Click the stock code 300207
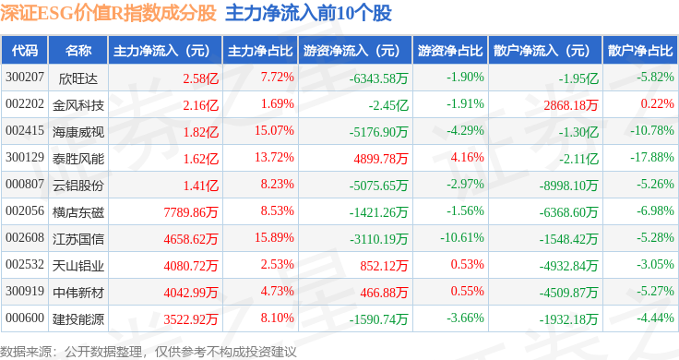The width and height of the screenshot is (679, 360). click(25, 78)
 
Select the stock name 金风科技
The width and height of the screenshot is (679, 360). click(78, 105)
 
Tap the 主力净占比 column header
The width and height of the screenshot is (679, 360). click(260, 51)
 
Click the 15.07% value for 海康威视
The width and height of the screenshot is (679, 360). click(274, 130)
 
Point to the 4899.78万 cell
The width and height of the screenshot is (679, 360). click(381, 159)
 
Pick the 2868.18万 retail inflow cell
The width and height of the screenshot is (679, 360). click(571, 105)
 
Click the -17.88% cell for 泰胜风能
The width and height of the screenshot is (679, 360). click(651, 157)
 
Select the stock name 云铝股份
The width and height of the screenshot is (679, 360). click(78, 186)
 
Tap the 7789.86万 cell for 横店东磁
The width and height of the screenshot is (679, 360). click(191, 212)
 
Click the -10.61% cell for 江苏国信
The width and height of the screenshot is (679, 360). click(462, 237)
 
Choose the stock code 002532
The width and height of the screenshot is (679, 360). click(25, 264)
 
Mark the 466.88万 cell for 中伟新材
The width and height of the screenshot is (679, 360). click(384, 293)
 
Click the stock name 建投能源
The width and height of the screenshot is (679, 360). click(78, 319)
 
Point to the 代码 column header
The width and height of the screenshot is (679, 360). click(25, 51)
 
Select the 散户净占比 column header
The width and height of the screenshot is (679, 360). click(640, 51)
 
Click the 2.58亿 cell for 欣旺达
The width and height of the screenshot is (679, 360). click(200, 78)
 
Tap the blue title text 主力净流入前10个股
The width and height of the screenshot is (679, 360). click(308, 13)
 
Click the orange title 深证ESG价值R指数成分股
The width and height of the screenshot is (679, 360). click(108, 13)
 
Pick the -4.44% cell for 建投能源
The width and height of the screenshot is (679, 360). click(655, 318)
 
